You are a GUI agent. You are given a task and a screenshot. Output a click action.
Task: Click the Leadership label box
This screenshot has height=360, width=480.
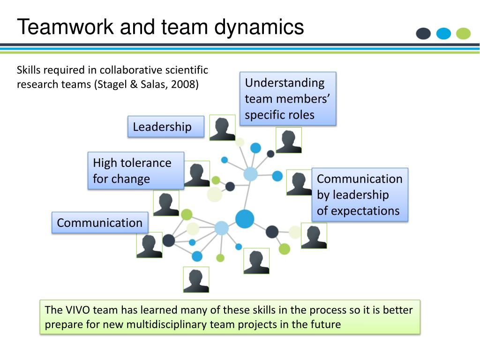166,127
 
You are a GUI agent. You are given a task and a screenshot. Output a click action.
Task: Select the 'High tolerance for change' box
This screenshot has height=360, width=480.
135,171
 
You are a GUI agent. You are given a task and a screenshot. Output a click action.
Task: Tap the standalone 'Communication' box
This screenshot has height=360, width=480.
100,223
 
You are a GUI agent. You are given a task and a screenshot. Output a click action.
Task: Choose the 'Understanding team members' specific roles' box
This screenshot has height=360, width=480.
288,98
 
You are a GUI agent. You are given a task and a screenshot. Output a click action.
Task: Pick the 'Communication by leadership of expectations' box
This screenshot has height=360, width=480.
360,195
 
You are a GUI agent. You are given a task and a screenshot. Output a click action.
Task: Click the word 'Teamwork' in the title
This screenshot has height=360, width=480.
66,27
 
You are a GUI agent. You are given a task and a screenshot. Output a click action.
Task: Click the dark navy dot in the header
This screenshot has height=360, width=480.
423,34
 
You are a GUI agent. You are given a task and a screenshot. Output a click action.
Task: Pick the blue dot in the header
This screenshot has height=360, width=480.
443,34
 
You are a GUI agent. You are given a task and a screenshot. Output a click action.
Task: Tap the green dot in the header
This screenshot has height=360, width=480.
463,34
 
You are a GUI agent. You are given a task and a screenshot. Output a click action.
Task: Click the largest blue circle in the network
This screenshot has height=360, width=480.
245,219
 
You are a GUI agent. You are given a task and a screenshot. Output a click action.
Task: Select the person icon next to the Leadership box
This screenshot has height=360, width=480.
222,127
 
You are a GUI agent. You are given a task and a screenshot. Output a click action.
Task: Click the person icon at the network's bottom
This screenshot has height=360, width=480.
196,280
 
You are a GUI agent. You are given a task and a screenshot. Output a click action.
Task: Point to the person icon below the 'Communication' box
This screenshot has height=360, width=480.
150,245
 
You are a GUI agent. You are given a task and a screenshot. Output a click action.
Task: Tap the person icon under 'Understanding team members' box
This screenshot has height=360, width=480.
289,140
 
